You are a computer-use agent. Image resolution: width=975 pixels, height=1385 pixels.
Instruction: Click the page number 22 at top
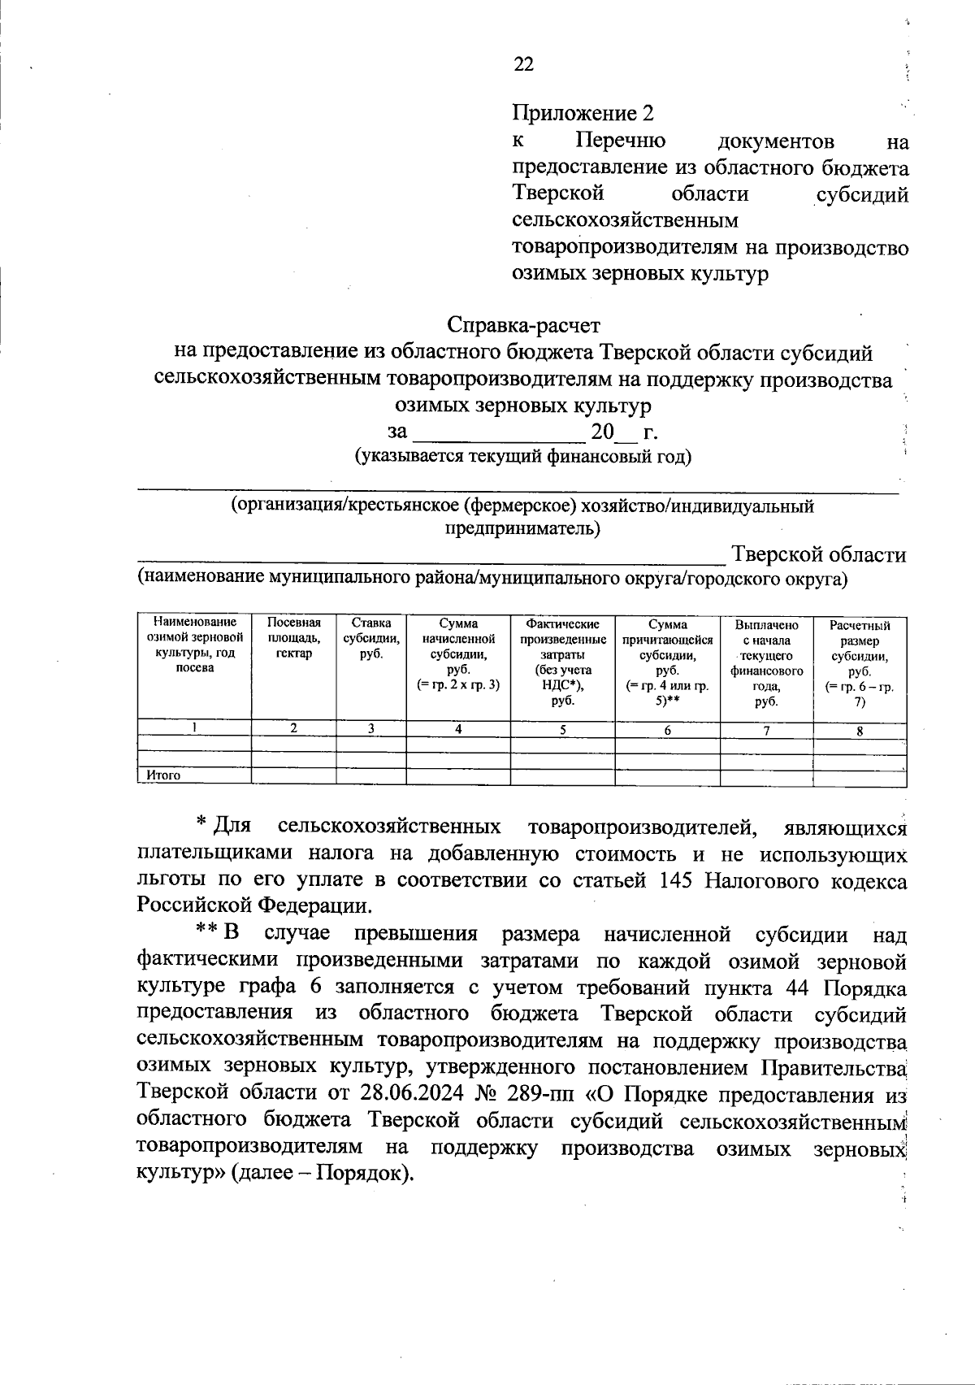[x=524, y=64]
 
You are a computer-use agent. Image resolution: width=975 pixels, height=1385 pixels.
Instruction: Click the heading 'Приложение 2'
[x=583, y=113]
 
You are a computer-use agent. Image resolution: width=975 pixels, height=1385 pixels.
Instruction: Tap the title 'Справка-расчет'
[x=524, y=325]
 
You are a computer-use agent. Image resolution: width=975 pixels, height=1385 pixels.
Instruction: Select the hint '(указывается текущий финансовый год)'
[x=523, y=456]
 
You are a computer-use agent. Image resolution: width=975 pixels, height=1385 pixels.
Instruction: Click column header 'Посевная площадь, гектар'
[x=293, y=639]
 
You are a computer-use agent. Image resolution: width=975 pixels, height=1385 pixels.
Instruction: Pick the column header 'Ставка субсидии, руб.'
[x=370, y=639]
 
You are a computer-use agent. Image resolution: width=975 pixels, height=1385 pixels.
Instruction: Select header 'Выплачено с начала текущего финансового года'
[x=766, y=662]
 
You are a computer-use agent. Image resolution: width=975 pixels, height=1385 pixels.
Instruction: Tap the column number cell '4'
[x=458, y=729]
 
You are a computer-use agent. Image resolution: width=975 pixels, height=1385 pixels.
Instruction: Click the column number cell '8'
[x=860, y=730]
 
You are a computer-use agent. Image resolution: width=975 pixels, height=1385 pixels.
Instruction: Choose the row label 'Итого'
[x=163, y=775]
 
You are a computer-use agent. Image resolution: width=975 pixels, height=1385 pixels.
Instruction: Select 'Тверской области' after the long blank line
[x=819, y=555]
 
